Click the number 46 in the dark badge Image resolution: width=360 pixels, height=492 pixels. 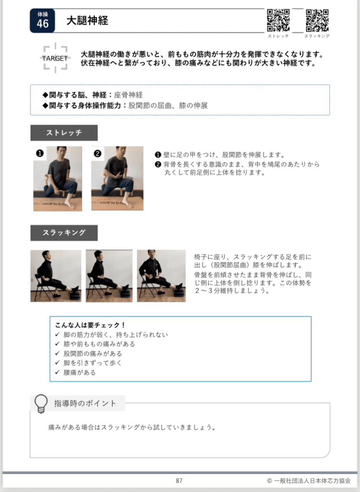tap(43, 24)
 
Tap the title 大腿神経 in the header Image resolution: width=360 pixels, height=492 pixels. tap(87, 21)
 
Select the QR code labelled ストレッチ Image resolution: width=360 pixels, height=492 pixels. tap(278, 20)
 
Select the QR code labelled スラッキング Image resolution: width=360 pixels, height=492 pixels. tap(317, 20)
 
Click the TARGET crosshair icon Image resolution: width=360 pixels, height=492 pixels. tap(55, 58)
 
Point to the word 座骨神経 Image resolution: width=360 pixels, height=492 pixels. tap(128, 95)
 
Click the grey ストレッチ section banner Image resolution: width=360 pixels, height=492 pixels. tap(64, 133)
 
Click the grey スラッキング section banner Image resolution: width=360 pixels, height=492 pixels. tap(64, 233)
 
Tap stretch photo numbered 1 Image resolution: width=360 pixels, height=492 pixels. tap(58, 179)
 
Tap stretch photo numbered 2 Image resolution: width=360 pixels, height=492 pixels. tap(117, 178)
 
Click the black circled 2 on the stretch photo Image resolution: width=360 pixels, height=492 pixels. tap(98, 153)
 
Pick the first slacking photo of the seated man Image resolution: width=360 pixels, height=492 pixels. tap(56, 276)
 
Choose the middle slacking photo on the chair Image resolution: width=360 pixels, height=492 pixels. tap(109, 276)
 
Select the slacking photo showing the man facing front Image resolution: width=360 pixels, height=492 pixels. tap(161, 276)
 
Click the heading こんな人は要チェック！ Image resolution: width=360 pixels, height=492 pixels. tap(90, 325)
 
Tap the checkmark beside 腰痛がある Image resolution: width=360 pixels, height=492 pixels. tap(57, 372)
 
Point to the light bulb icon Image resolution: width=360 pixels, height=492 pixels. tap(41, 404)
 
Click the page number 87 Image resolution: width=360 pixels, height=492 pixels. tap(179, 480)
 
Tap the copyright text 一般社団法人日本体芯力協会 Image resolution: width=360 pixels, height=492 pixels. tap(312, 480)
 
